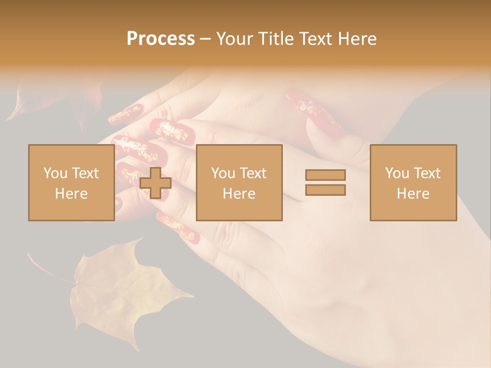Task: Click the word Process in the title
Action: coord(161,39)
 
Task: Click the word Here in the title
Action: coord(358,39)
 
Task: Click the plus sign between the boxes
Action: coord(155,183)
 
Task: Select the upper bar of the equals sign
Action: coord(325,175)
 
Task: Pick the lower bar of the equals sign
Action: coord(325,190)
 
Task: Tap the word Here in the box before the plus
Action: coord(71,194)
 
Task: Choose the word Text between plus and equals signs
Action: coord(253,173)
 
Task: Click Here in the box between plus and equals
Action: coord(239,194)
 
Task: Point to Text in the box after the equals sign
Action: coord(427,173)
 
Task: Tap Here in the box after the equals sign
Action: coord(413,194)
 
